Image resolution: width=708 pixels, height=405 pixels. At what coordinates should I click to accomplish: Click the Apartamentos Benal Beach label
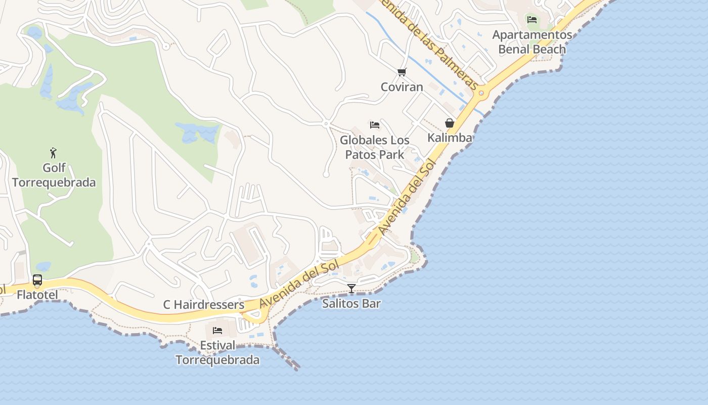point(532,42)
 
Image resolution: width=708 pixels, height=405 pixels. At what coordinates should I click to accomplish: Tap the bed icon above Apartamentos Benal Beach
point(532,20)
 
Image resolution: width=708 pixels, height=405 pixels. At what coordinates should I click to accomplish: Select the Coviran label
point(402,87)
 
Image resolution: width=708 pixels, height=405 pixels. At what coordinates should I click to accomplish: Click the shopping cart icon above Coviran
point(402,72)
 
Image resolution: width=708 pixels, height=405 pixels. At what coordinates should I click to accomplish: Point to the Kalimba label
point(450,138)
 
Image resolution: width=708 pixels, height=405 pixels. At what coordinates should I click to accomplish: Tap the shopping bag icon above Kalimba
point(449,123)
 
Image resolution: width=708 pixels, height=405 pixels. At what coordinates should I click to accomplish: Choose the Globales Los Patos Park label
point(375,147)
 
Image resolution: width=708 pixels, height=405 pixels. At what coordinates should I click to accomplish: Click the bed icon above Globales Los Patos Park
point(375,125)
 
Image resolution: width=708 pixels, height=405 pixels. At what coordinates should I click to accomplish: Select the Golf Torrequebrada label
point(54,175)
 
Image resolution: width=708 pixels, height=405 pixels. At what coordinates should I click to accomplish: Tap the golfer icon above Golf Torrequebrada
point(53,152)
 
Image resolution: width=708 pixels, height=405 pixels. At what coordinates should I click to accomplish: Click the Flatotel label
point(37,295)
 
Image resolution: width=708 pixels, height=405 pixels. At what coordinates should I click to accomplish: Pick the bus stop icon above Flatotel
point(37,280)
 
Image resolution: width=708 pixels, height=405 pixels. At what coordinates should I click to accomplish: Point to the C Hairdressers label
point(203,305)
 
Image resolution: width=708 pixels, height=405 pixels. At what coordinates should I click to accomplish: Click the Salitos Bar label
point(351,304)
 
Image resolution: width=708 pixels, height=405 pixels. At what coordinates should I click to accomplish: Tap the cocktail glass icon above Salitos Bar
point(351,289)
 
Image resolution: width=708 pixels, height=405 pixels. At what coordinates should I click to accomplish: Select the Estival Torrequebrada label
point(217,352)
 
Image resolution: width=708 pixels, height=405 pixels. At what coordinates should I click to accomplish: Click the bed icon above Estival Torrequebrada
point(217,331)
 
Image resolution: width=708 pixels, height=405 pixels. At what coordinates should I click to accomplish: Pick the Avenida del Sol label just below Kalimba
point(407,199)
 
